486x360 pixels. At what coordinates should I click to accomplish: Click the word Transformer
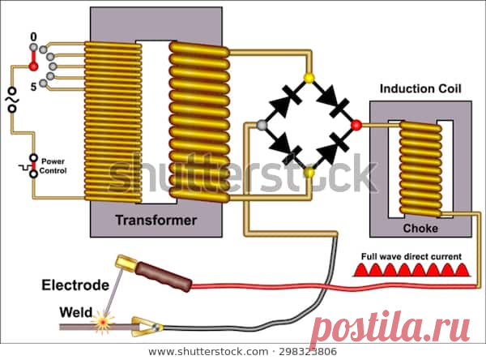pos(156,220)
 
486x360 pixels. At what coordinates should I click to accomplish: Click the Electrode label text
pos(75,285)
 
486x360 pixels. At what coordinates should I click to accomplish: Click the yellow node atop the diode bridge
pos(308,79)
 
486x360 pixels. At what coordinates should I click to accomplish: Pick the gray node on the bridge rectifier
pos(261,125)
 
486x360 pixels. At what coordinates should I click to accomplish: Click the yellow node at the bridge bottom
pos(308,172)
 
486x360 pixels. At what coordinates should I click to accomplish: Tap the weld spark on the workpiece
pos(103,323)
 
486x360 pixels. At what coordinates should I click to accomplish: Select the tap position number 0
pos(33,37)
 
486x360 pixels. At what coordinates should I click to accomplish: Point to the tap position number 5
pos(33,85)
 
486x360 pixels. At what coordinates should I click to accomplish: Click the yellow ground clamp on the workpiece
pos(146,327)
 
